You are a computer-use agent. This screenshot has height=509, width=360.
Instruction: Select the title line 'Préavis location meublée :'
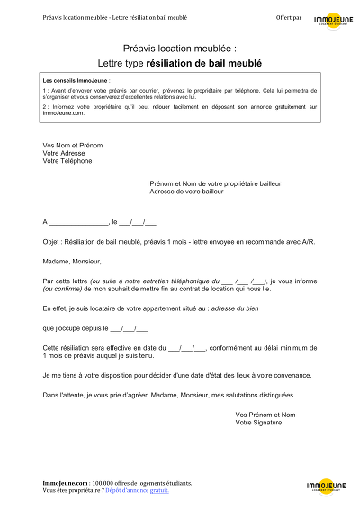point(179,50)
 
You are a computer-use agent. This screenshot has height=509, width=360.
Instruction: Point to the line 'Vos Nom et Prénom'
point(73,145)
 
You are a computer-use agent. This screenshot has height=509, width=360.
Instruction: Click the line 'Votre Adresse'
point(64,153)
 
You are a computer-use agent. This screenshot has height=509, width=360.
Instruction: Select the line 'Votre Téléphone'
point(67,161)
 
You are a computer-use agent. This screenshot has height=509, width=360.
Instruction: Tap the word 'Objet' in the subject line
point(52,241)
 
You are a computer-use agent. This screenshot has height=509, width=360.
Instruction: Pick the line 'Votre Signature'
point(259,422)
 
